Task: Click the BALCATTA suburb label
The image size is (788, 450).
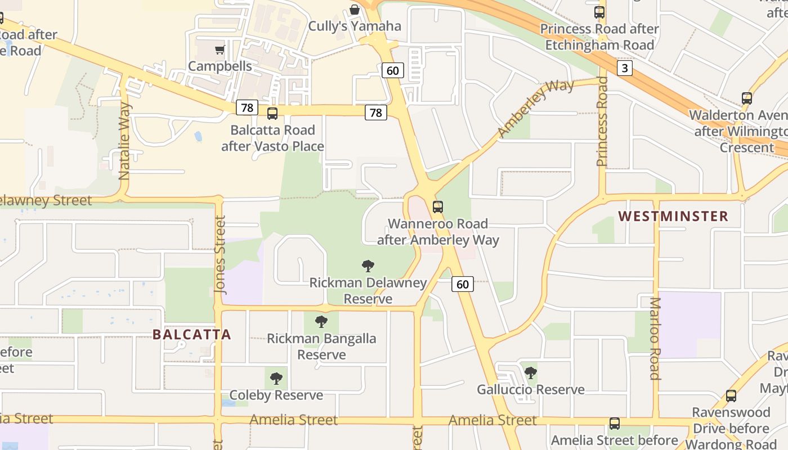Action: (192, 335)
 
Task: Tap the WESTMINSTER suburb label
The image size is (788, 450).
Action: (673, 216)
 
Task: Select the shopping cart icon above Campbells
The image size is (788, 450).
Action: (220, 49)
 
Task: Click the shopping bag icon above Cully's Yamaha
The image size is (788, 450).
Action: (355, 10)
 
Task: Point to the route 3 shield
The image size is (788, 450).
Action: (624, 69)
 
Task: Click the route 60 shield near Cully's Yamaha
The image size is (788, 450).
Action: (392, 70)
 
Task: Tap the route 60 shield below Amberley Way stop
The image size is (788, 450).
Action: (462, 284)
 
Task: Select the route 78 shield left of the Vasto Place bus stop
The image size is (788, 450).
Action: (247, 107)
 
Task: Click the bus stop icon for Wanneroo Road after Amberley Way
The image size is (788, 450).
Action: (438, 206)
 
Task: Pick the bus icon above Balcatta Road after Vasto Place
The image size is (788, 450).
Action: (272, 114)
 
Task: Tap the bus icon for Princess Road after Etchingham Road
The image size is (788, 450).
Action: (599, 12)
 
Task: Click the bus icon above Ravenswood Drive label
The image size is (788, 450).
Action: (731, 395)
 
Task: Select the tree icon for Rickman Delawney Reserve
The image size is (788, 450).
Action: (368, 265)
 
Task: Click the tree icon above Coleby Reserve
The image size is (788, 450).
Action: (276, 378)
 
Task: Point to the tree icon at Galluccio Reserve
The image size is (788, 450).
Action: (530, 372)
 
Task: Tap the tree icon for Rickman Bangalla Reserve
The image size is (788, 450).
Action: (321, 322)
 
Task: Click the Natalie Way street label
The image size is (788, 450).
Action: (124, 141)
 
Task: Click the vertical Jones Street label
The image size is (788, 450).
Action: (220, 255)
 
